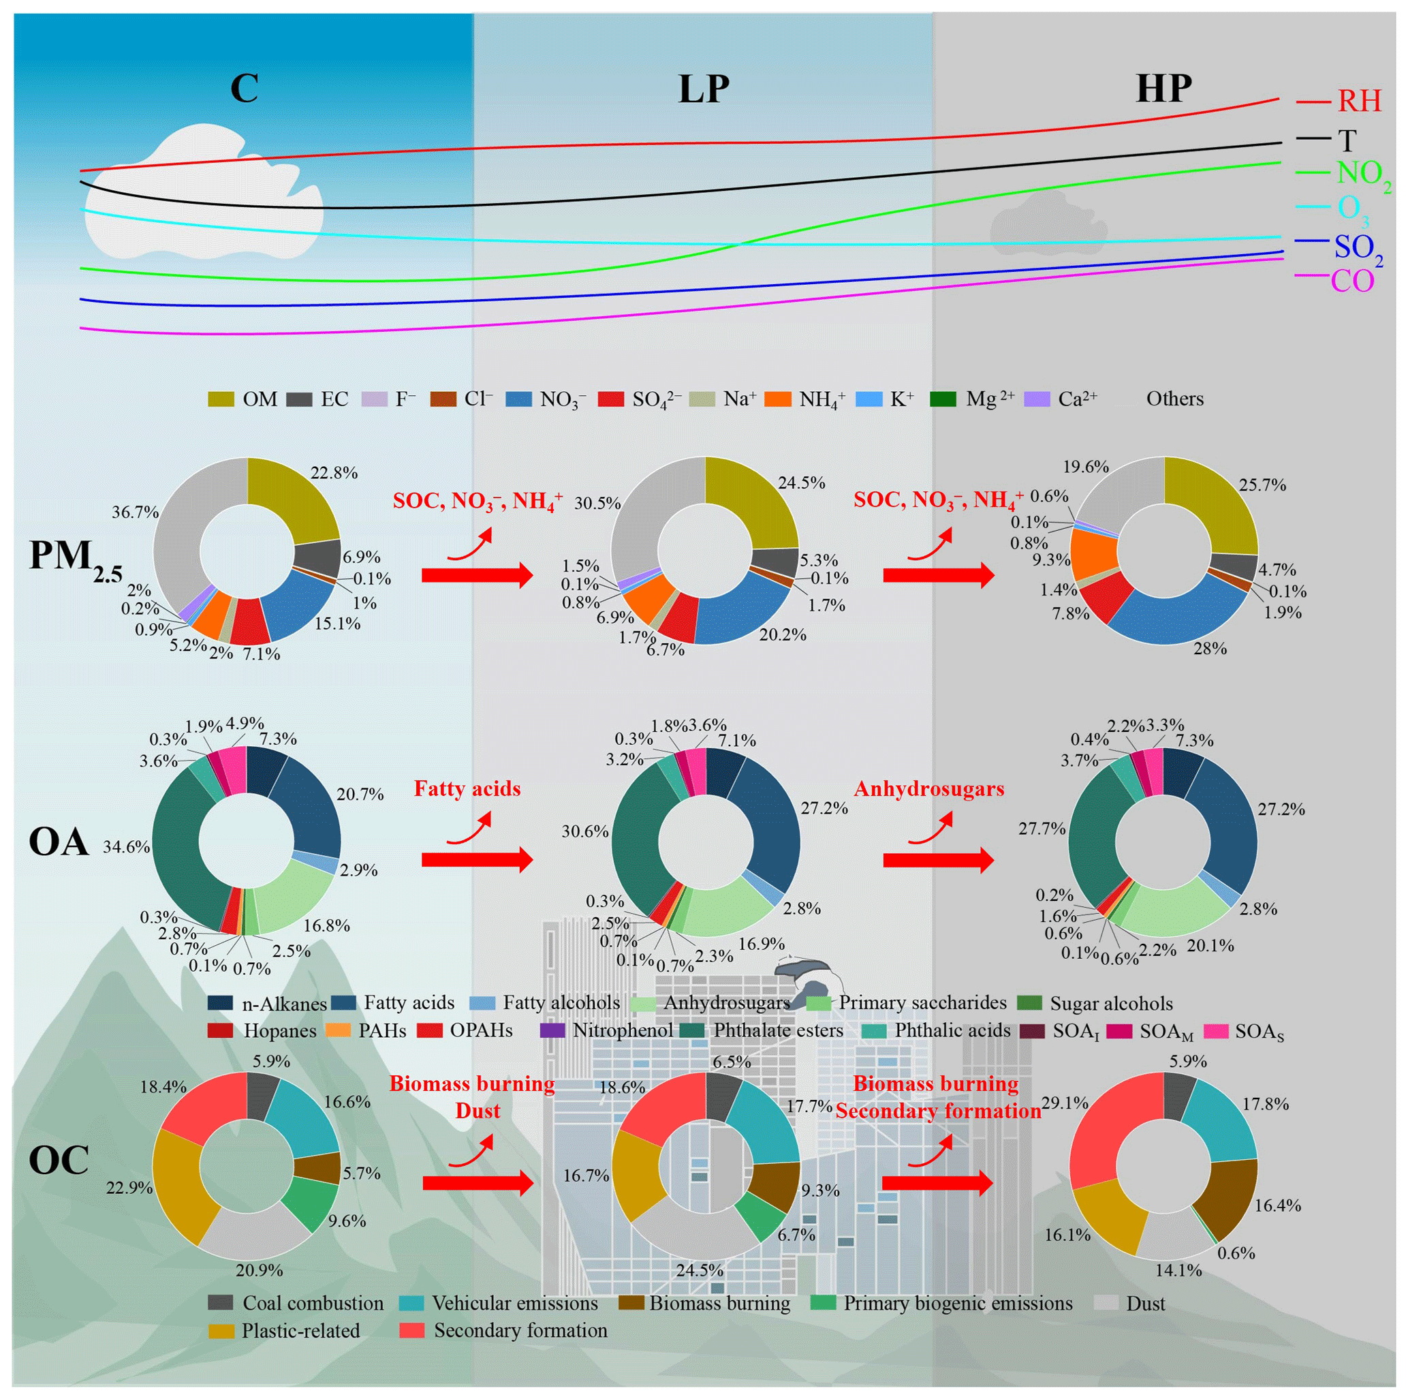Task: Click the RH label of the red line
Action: (1359, 101)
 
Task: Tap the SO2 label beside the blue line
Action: (1358, 249)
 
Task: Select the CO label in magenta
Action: (1353, 281)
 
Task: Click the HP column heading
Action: (1164, 89)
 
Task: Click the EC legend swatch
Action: (300, 399)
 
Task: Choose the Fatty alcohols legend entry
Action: (545, 1003)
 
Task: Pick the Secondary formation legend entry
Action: (503, 1330)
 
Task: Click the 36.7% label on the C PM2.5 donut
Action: (135, 512)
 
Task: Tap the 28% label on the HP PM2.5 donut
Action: (1210, 648)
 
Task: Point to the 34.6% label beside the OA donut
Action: (126, 846)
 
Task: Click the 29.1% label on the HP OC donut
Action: (1065, 1103)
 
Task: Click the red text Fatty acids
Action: (467, 789)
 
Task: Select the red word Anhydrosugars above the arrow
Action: (929, 790)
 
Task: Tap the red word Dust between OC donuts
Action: (478, 1111)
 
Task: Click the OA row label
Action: (59, 842)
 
